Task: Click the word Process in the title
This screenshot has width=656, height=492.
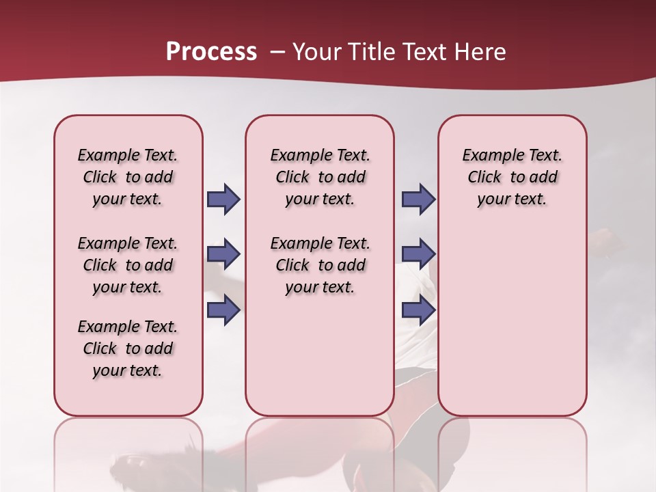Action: [211, 52]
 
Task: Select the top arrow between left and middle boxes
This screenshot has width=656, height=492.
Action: [223, 199]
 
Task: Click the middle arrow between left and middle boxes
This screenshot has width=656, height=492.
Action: [223, 254]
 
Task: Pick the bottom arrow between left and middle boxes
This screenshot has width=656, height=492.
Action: [223, 310]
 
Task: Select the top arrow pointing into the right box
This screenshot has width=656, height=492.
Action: [418, 199]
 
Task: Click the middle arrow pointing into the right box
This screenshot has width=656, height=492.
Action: [418, 254]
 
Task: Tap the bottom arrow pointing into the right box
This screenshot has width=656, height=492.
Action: [418, 310]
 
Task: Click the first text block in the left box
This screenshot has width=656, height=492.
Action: [128, 177]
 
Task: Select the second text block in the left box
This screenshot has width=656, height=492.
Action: [128, 265]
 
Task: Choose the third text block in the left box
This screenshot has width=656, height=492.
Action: [128, 348]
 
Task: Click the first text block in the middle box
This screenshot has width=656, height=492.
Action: [320, 177]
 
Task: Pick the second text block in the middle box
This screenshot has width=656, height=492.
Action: [320, 265]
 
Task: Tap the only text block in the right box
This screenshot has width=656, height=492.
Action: [512, 177]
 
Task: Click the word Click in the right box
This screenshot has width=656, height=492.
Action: [484, 178]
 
